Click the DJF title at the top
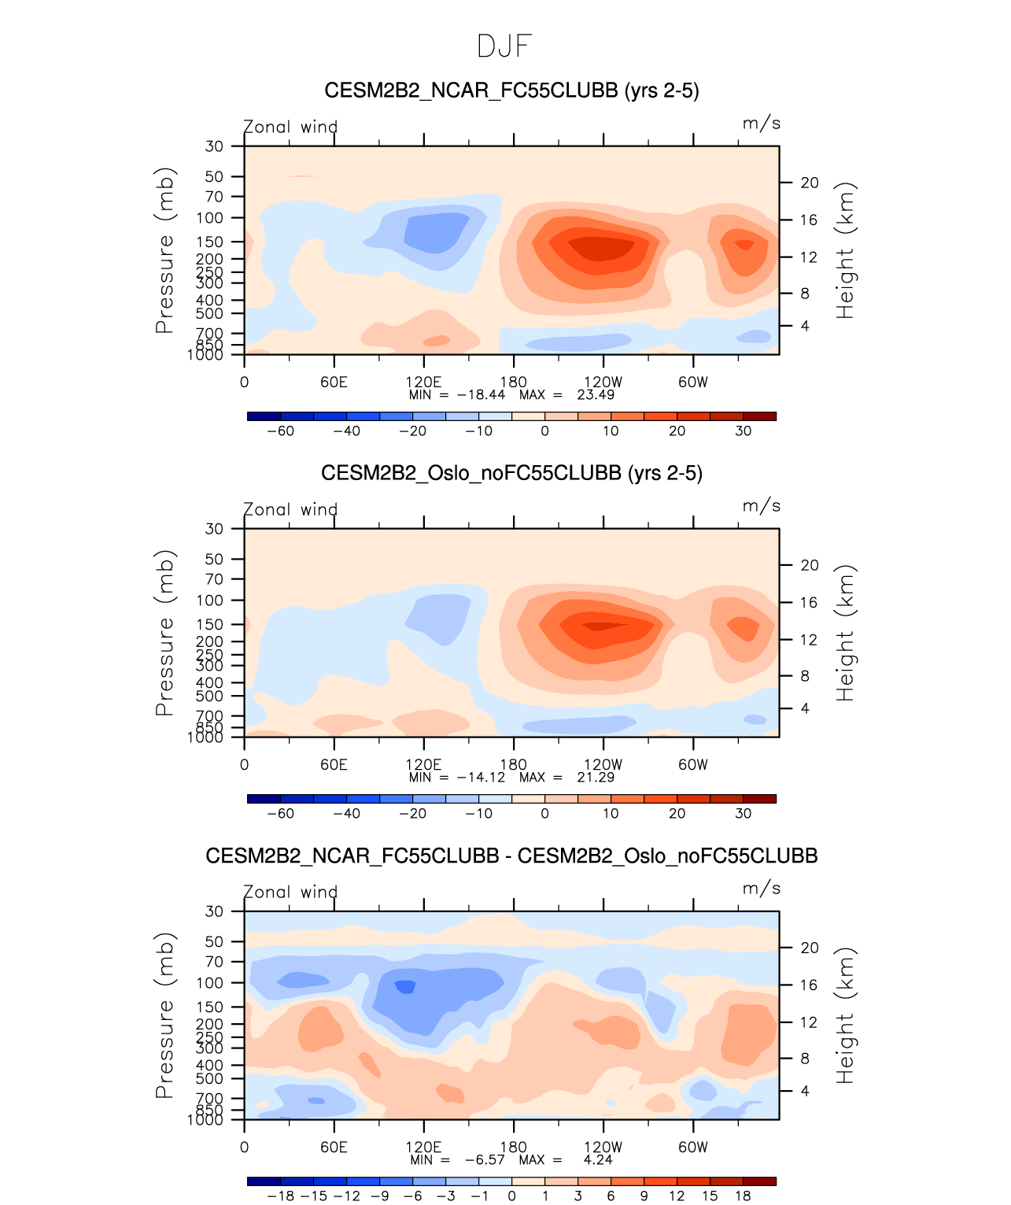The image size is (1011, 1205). (x=504, y=46)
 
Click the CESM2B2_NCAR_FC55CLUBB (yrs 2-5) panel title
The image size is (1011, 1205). (x=511, y=91)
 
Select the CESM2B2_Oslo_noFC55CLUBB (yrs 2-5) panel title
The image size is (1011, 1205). (x=511, y=474)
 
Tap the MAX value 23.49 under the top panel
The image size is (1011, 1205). (x=596, y=395)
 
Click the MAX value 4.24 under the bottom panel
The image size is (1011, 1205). (x=597, y=1160)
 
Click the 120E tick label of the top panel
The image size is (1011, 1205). (x=423, y=383)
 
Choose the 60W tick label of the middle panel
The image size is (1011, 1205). (x=692, y=765)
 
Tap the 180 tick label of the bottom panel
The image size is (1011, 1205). (x=513, y=1148)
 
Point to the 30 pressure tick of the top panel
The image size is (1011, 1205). (x=214, y=146)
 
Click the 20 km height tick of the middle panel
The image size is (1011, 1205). (x=810, y=566)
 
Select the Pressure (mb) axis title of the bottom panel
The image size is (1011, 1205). (x=164, y=1015)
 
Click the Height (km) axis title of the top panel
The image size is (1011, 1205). (x=845, y=250)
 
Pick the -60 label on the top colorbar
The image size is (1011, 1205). (x=280, y=431)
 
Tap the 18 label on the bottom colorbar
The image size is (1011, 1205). (x=743, y=1196)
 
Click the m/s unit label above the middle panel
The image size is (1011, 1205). (x=761, y=506)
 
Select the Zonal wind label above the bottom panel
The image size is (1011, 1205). (x=290, y=893)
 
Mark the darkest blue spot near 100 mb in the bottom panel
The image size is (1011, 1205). (x=405, y=987)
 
